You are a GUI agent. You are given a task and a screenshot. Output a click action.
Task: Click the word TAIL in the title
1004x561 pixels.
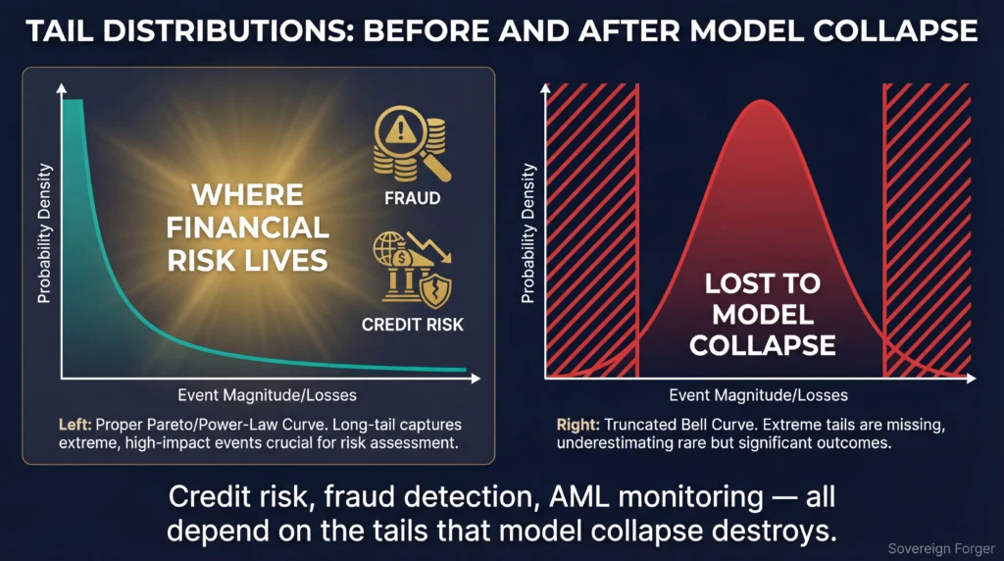[59, 30]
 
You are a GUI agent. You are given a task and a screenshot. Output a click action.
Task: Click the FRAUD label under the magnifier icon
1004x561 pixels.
[412, 198]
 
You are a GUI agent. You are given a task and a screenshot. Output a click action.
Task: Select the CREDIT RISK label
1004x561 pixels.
[412, 325]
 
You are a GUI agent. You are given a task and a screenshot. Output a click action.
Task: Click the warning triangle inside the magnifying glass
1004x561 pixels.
[401, 130]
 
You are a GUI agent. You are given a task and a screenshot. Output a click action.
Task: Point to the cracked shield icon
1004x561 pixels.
[436, 290]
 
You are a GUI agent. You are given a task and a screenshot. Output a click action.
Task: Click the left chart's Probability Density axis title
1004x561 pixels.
[43, 233]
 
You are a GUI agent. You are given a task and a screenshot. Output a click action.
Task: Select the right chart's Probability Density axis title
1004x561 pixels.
[527, 233]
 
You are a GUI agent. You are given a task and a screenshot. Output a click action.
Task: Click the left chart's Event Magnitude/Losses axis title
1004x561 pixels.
[267, 395]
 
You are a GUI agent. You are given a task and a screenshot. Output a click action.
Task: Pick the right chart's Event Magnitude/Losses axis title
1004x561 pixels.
[758, 395]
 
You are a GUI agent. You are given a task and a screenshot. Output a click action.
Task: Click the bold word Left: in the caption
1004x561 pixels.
[75, 425]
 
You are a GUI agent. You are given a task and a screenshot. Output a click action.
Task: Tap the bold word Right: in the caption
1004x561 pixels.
[577, 425]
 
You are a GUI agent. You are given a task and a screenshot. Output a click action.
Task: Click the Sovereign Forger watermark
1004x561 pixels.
[941, 549]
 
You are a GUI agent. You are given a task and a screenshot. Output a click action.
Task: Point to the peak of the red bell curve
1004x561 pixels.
[761, 101]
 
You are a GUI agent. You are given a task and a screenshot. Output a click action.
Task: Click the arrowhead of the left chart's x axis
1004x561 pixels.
[476, 379]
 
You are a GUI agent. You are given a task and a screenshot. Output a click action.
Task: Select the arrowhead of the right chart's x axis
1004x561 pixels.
[971, 379]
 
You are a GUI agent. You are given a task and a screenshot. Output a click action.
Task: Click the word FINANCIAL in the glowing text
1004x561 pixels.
[248, 228]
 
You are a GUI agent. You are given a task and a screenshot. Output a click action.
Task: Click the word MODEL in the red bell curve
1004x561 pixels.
[762, 315]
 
